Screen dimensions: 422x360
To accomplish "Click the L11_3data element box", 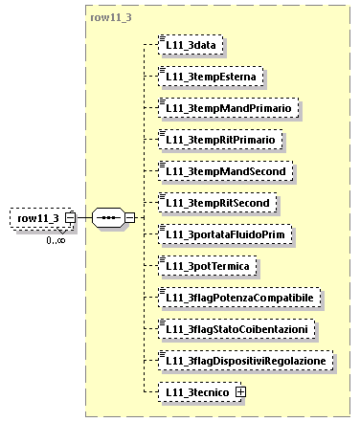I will coord(193,45).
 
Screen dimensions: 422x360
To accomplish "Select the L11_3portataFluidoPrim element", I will coord(230,234).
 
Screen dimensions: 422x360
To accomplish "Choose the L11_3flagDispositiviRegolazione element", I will coord(248,361).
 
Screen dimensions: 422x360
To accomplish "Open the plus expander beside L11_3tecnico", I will coord(240,392).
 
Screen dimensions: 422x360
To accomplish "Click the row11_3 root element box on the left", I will coord(38,218).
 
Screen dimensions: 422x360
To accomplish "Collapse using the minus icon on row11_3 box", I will coord(71,219).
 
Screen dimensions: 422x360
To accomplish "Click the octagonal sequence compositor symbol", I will coord(108,219).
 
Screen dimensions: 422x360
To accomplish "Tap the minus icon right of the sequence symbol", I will coord(130,219).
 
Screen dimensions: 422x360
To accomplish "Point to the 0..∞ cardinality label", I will coord(56,240).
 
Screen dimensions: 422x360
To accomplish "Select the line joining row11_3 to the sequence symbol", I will coord(83,219).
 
